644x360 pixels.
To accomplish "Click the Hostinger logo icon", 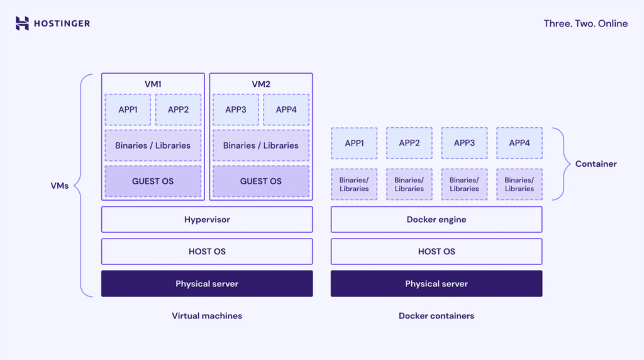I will [x=22, y=23].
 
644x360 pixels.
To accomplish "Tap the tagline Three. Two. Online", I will [x=586, y=23].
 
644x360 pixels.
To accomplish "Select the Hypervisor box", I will [x=207, y=220].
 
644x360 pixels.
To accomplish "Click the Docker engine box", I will [x=436, y=220].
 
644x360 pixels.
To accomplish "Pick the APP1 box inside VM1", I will [x=128, y=110].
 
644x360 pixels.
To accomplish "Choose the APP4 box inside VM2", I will [x=286, y=110].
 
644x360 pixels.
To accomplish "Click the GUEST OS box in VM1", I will [x=153, y=181].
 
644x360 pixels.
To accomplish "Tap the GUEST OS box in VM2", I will [x=261, y=181].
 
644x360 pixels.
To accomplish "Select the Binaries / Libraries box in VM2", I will [x=261, y=145].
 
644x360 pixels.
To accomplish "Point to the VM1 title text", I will [x=153, y=84].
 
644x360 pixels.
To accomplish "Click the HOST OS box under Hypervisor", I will [x=207, y=251].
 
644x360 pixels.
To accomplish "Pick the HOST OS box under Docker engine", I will [x=436, y=251].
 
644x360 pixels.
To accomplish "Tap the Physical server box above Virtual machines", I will [x=207, y=284].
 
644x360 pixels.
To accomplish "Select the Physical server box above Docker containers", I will [x=436, y=284].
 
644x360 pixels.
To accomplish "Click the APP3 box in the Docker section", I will [x=464, y=143].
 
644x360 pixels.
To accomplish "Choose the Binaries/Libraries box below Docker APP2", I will [x=409, y=184].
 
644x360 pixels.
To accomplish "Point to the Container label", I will [x=596, y=164].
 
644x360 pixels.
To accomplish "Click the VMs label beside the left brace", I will [x=60, y=186].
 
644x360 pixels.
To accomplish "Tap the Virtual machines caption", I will [x=207, y=315].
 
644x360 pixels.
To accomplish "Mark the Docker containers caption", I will [x=436, y=315].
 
